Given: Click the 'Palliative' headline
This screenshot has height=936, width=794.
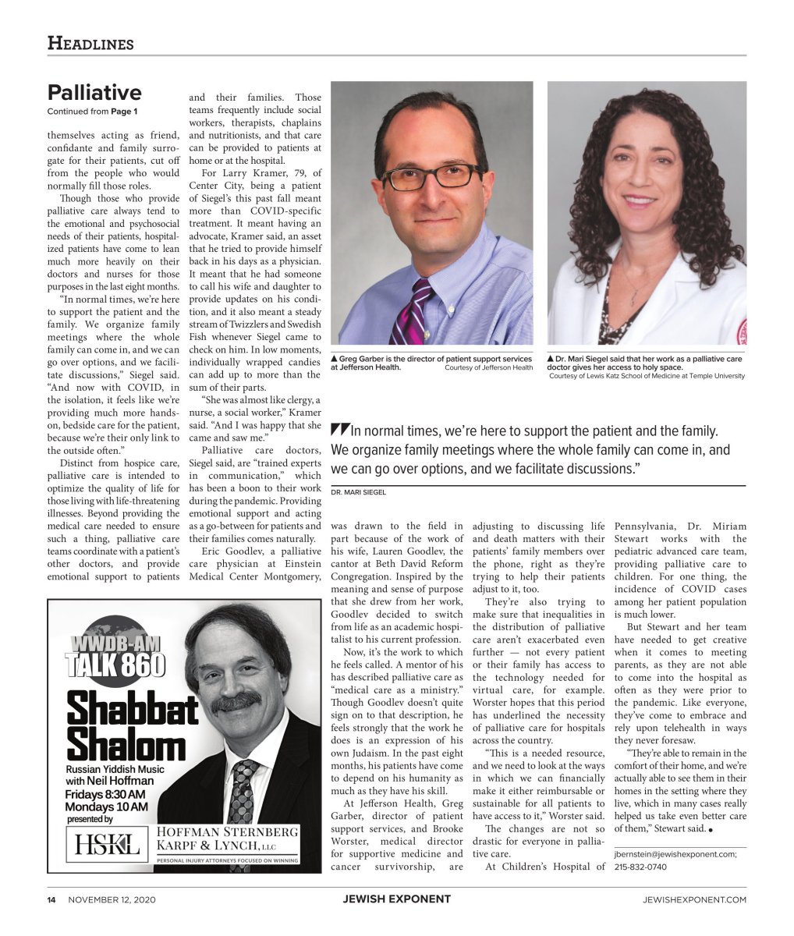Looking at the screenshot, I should [94, 93].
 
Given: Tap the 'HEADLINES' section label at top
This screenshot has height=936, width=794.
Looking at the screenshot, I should [90, 44].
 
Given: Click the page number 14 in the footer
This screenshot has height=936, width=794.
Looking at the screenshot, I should [51, 899].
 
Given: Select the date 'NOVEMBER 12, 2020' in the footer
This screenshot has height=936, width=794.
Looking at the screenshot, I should [112, 899].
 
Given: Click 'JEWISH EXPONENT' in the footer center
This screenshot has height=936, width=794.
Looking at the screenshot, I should [396, 899].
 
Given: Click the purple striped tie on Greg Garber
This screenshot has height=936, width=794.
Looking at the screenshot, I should [413, 312].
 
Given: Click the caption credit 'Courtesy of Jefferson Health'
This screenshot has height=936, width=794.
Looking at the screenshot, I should [488, 367].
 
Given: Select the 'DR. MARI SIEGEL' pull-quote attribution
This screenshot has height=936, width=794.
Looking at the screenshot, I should [358, 492].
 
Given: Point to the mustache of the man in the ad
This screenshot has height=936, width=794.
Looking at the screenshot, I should [236, 701].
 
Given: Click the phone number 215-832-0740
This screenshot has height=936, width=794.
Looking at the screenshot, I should [640, 867].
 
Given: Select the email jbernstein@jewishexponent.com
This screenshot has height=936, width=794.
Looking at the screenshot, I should [675, 854].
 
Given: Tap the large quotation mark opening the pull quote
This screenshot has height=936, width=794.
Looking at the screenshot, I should [339, 429].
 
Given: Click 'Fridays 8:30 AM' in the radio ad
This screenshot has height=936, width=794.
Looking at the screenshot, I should [105, 794].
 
